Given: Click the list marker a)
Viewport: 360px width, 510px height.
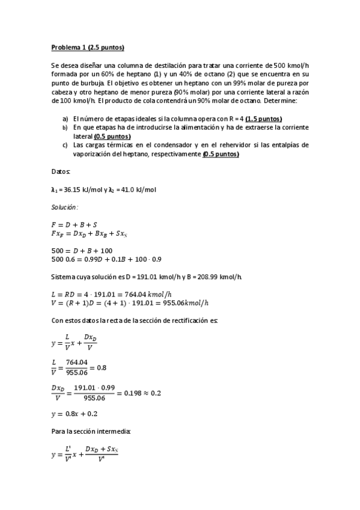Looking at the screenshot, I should pyautogui.click(x=65, y=118).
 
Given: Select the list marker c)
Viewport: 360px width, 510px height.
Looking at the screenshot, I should pyautogui.click(x=65, y=145).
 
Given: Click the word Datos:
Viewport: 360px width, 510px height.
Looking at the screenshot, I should pyautogui.click(x=61, y=171).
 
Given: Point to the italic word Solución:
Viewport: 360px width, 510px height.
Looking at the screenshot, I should pyautogui.click(x=65, y=206).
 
